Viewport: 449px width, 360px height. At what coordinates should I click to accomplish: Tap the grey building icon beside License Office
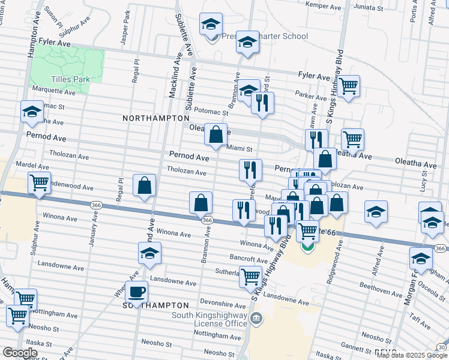point(256,317)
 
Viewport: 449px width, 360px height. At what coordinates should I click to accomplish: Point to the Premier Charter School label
point(263,36)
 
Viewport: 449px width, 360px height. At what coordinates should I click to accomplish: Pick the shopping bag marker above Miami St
point(215,134)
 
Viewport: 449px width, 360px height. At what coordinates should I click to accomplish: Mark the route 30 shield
point(442,347)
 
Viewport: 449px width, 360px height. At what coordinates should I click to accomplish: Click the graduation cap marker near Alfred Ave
point(376,212)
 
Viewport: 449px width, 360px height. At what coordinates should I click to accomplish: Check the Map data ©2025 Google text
point(412,355)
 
